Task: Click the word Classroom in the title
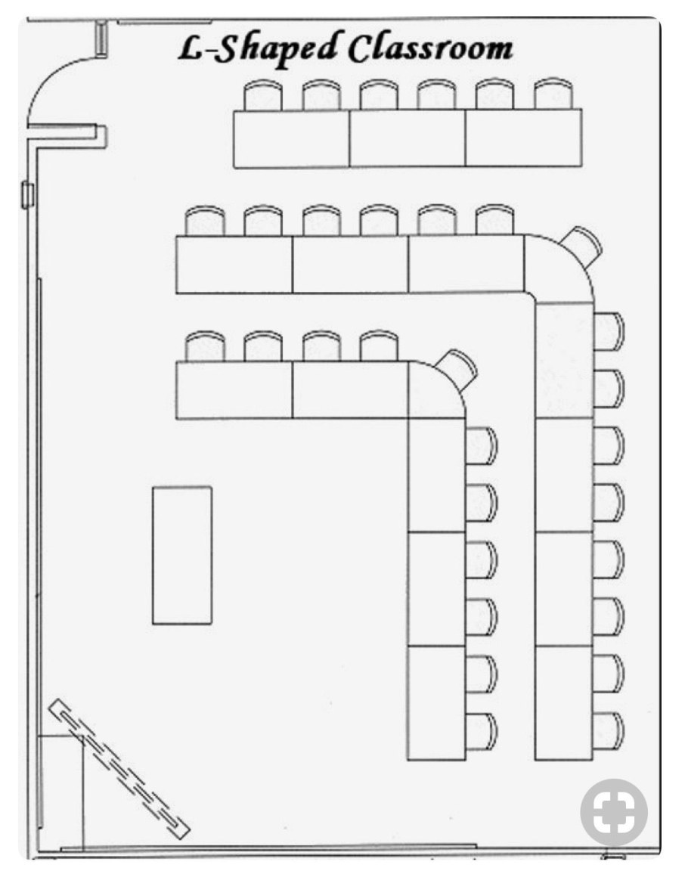(430, 48)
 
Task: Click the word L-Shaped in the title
(259, 49)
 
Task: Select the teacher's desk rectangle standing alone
(182, 555)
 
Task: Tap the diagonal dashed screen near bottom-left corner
(119, 770)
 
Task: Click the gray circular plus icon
(614, 813)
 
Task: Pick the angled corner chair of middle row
(581, 246)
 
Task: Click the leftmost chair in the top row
(264, 95)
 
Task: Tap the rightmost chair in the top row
(553, 94)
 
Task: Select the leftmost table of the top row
(292, 139)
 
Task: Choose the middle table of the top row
(408, 138)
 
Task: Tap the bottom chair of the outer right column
(609, 731)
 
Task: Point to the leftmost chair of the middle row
(205, 222)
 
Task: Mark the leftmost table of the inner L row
(234, 390)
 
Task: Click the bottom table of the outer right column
(564, 703)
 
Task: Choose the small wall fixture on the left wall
(26, 195)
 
